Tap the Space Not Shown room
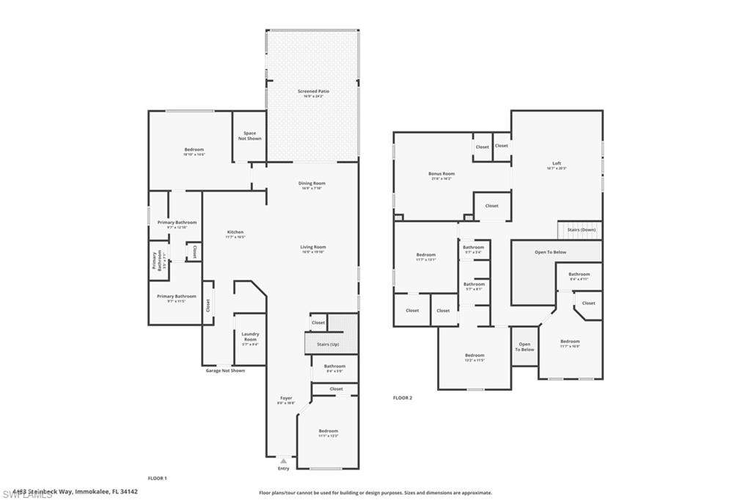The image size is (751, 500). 249,136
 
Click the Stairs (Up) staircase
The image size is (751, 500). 328,343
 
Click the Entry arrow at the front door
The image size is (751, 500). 283,461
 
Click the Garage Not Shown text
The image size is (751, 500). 225,371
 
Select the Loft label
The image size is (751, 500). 557,165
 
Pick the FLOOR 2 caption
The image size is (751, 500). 403,398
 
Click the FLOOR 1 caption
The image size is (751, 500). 158,478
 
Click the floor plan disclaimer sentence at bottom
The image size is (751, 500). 375,493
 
